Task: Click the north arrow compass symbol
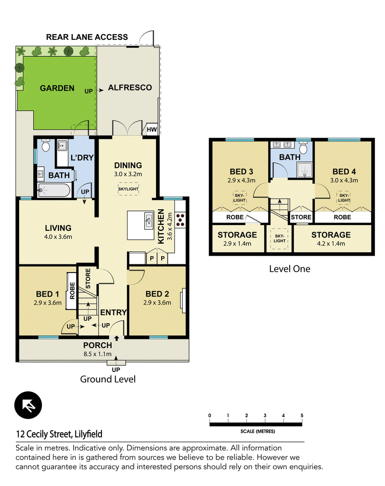coord(28,405)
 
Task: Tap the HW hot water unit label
coord(152,130)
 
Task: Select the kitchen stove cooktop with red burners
coord(180,219)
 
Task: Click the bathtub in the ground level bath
coord(54,190)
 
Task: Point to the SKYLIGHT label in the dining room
coord(128,189)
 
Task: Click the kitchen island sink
coord(149,221)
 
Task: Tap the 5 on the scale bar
coord(302,415)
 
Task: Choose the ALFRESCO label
coord(130,87)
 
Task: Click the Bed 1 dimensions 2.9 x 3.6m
coord(48,302)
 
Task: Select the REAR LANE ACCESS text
coord(87,37)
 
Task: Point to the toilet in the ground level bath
coord(46,145)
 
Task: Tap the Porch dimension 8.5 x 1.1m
coord(97,354)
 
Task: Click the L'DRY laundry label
coord(82,158)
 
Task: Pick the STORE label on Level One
coord(301,217)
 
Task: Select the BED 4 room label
coord(344,172)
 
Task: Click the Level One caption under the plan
coord(290,269)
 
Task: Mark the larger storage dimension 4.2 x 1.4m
coord(331,244)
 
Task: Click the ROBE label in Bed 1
coord(72,290)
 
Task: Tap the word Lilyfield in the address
coord(89,434)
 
